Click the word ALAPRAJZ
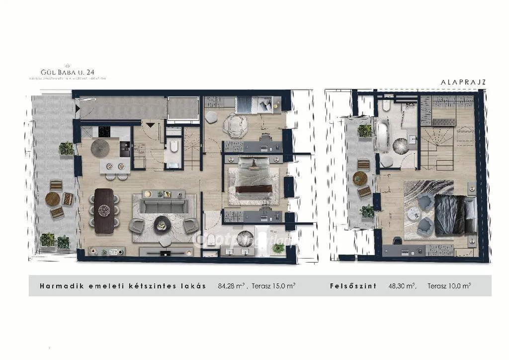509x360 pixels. [462, 81]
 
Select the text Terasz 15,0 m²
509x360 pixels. [273, 286]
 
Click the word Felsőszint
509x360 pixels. [352, 286]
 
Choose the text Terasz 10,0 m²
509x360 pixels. [449, 286]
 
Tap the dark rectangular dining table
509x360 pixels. [105, 211]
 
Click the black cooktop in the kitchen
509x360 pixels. [104, 132]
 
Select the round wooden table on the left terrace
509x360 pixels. [52, 199]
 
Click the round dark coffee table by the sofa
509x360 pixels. [161, 224]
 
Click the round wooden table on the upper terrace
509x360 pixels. [360, 178]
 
